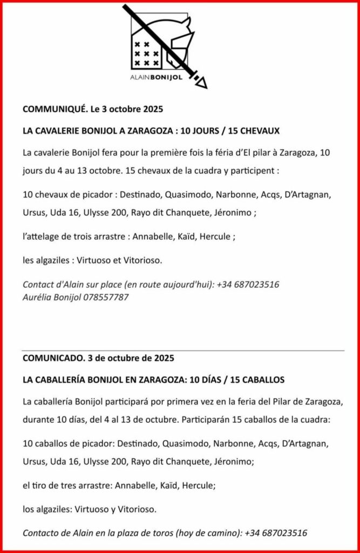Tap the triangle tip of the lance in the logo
[x=201, y=82]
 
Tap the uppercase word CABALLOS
[x=261, y=380]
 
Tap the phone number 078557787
[x=106, y=297]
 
